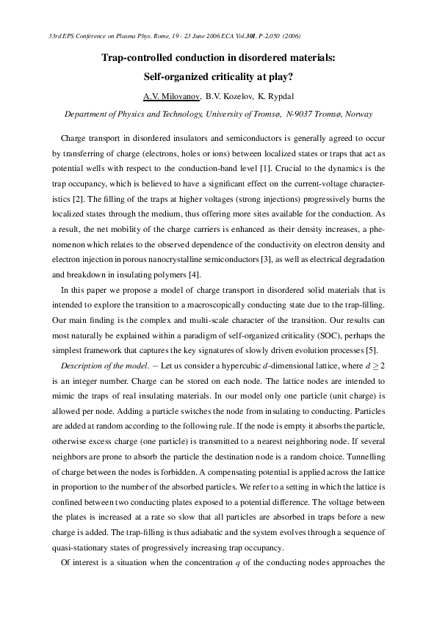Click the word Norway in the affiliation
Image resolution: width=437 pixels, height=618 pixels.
coord(358,114)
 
